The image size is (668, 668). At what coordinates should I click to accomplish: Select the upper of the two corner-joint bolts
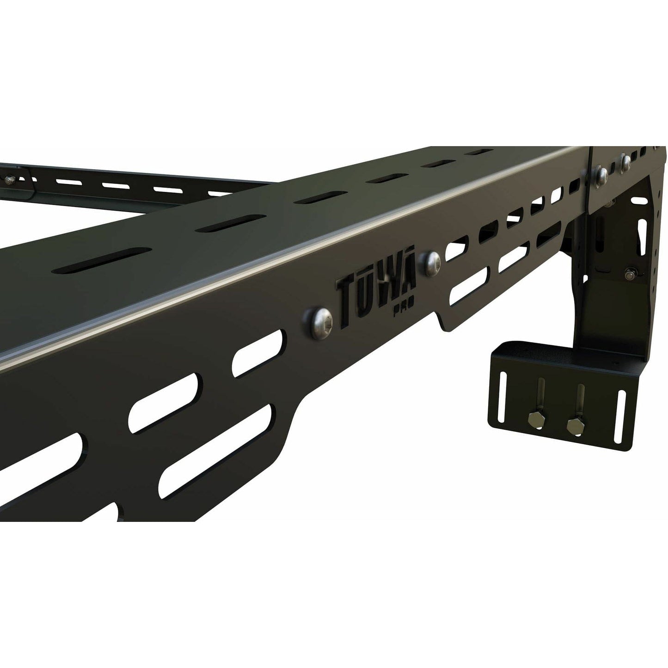point(625,160)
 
